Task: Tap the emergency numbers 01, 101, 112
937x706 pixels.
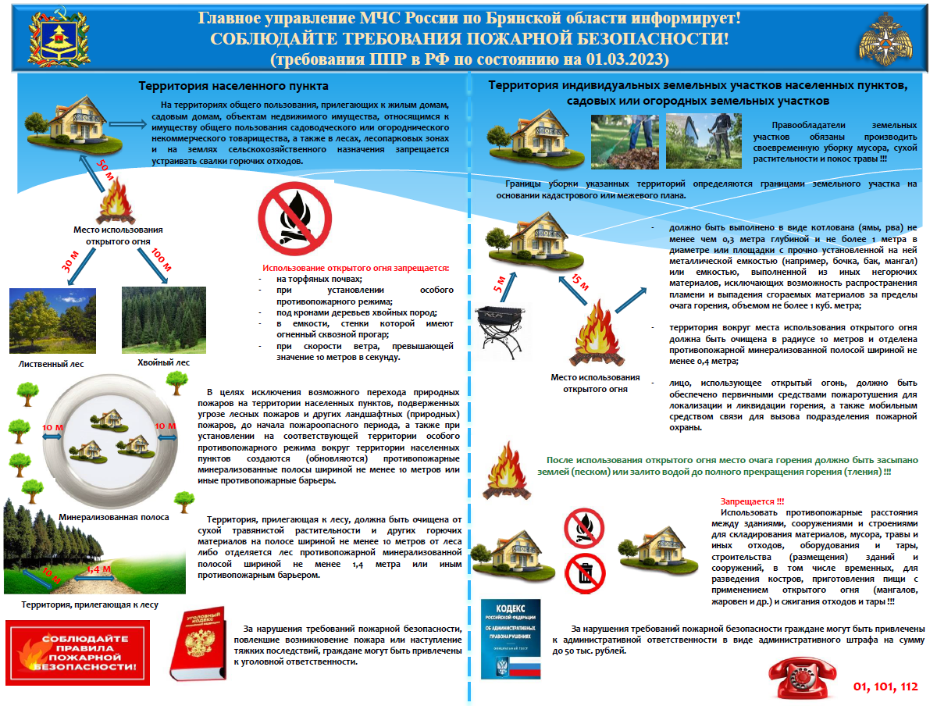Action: click(885, 686)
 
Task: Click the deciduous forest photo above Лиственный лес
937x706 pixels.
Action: click(52, 320)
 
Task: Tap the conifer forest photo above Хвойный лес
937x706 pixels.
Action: click(163, 320)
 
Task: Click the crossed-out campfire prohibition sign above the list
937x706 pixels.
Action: click(288, 217)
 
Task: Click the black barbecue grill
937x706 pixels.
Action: click(500, 328)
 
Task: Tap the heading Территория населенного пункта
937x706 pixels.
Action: click(233, 86)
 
